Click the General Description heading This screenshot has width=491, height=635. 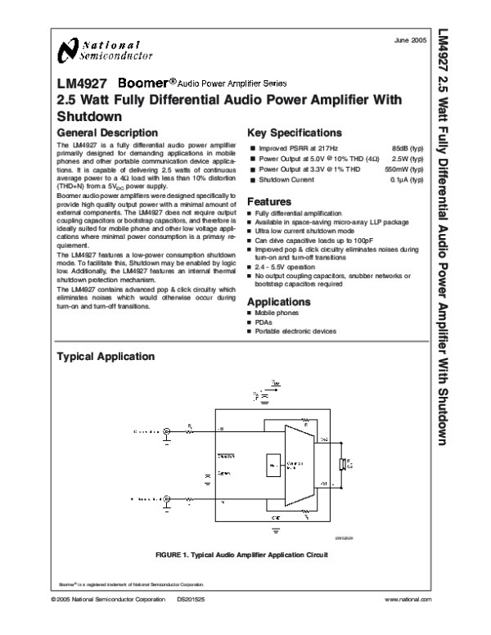coord(106,132)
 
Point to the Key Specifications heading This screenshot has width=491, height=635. coord(294,132)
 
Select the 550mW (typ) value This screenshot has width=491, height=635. coord(403,167)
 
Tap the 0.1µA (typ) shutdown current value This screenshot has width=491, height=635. coord(406,178)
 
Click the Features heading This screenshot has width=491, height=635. coord(269,201)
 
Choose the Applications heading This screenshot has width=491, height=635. coord(278,301)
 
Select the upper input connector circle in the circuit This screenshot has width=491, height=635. coord(167,430)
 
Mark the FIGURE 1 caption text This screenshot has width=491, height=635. coord(241,555)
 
